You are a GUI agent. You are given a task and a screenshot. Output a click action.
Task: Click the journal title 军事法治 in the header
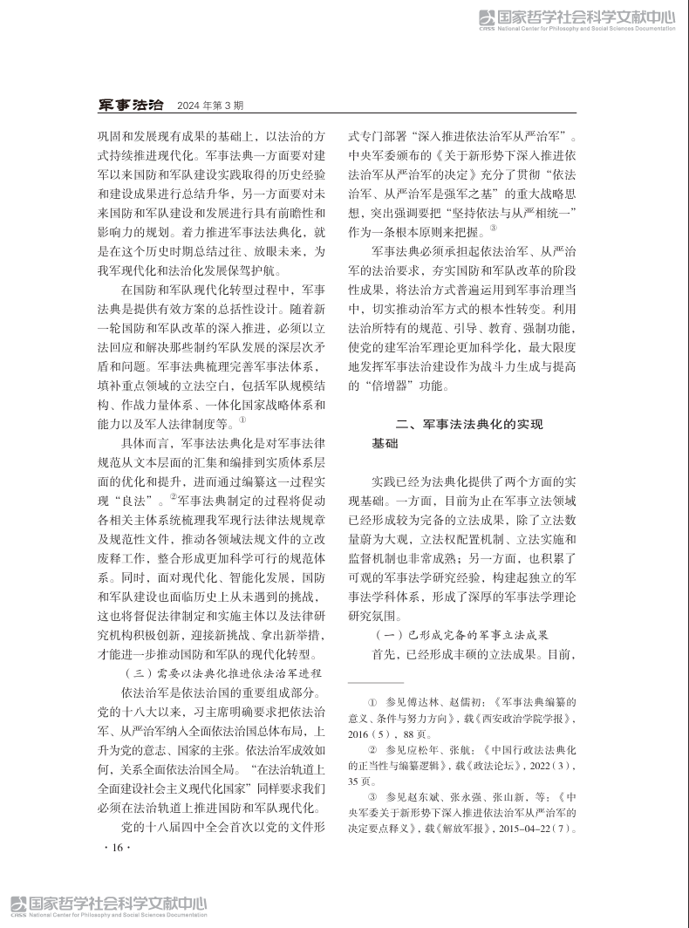click(130, 106)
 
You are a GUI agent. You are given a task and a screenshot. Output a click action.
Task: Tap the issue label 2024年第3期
click(210, 106)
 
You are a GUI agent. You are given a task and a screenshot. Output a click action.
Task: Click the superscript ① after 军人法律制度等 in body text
click(242, 420)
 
